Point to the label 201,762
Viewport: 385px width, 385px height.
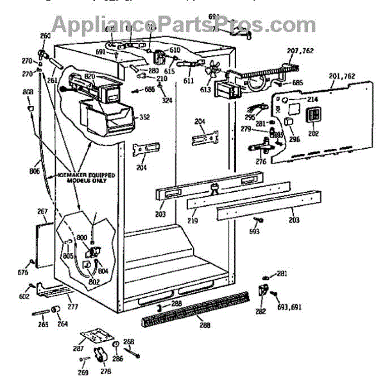tap(342, 77)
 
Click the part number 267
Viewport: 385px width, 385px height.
tap(42, 211)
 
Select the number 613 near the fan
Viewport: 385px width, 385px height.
tap(206, 91)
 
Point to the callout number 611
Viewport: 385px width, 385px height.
tap(189, 82)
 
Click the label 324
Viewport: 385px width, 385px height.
tap(167, 101)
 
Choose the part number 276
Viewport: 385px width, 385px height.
tap(261, 162)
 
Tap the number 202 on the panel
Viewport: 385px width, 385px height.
tap(314, 133)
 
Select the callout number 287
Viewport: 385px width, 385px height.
tap(78, 348)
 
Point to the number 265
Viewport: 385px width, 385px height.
tap(42, 325)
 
